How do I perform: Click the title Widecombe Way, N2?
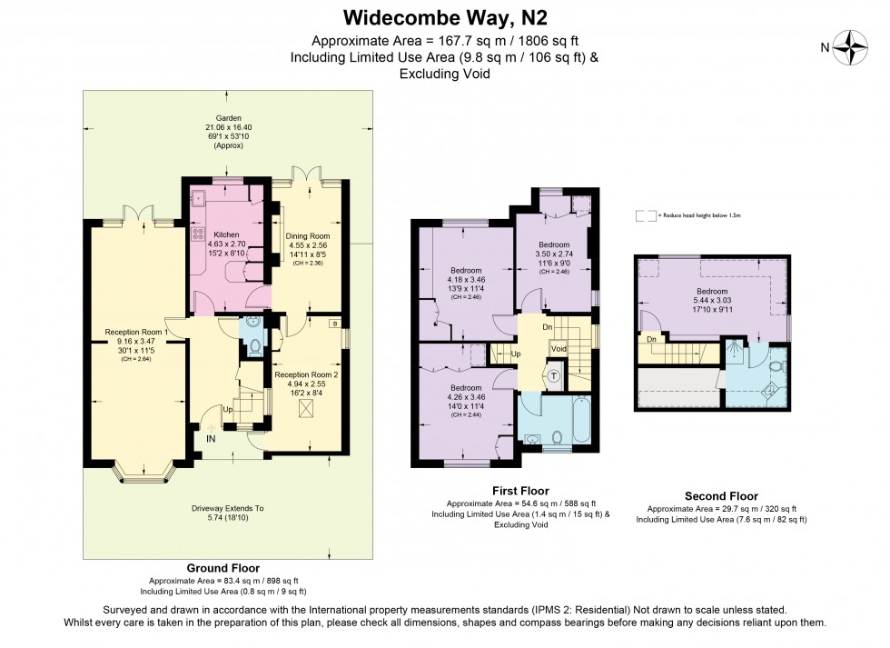click(x=444, y=17)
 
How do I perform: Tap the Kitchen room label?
click(x=225, y=234)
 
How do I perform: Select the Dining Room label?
click(x=309, y=212)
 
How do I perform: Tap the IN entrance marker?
click(x=211, y=440)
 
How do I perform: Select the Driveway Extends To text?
click(x=227, y=509)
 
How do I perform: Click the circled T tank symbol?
click(x=553, y=374)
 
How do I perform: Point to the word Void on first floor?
click(x=559, y=349)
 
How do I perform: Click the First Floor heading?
click(x=519, y=491)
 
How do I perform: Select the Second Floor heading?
click(x=720, y=496)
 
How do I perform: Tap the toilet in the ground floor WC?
click(x=254, y=345)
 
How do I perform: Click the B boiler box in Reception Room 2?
click(x=335, y=324)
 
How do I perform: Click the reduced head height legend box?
click(x=646, y=216)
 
